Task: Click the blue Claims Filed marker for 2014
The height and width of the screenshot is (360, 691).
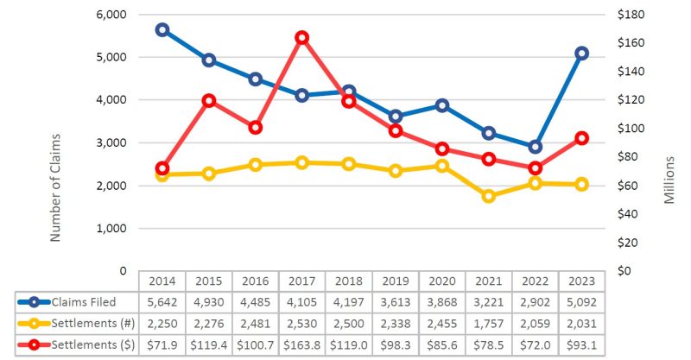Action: tap(162, 29)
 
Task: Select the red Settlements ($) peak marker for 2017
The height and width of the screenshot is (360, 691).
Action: tap(301, 37)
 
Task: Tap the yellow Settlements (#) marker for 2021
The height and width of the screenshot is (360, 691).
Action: tap(489, 196)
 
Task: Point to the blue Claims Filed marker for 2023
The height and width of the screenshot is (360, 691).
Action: tap(581, 54)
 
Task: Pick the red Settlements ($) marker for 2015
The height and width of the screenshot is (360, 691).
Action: tap(208, 100)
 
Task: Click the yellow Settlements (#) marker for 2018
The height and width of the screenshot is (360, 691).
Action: tap(348, 164)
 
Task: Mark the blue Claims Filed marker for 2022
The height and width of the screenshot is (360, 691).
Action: tap(535, 147)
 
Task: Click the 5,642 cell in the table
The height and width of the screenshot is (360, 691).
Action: tap(162, 301)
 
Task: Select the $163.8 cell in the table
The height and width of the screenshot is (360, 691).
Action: tap(301, 344)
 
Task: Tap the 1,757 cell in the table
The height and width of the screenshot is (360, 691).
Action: tap(489, 323)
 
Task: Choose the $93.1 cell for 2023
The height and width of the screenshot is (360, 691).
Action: tap(581, 344)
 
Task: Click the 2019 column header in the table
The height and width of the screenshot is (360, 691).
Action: tap(395, 281)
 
